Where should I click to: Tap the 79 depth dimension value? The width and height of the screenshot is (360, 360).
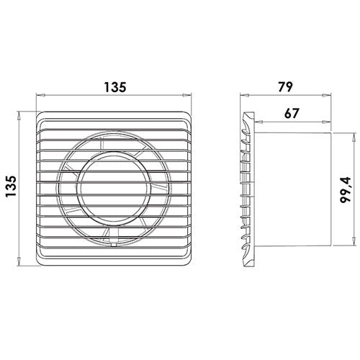click(286, 87)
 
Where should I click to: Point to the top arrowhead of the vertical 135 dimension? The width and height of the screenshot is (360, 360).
click(19, 113)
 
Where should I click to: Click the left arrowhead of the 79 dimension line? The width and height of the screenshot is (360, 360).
click(243, 94)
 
